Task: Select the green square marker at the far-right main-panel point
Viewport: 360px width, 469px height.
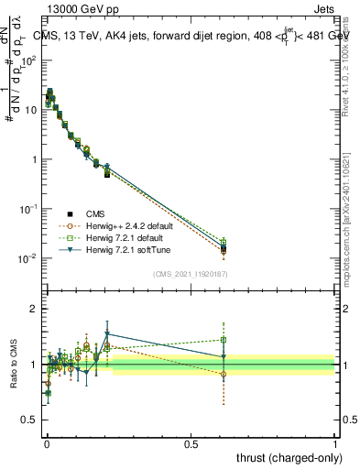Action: pyautogui.click(x=224, y=243)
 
